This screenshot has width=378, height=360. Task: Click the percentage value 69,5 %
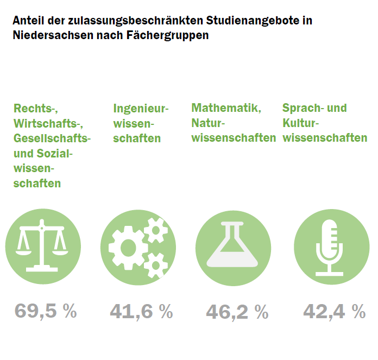[x=46, y=312]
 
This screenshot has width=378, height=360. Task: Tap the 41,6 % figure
[x=141, y=312]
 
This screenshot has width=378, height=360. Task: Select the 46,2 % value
[x=237, y=312]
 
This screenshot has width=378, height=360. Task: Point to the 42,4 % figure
[x=334, y=312]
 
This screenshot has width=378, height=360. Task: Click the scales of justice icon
[x=43, y=248]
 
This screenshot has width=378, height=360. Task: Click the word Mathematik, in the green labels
[x=226, y=108]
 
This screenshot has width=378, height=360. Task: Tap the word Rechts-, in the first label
[x=36, y=108]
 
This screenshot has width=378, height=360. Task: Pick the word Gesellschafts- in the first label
[x=52, y=138]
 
